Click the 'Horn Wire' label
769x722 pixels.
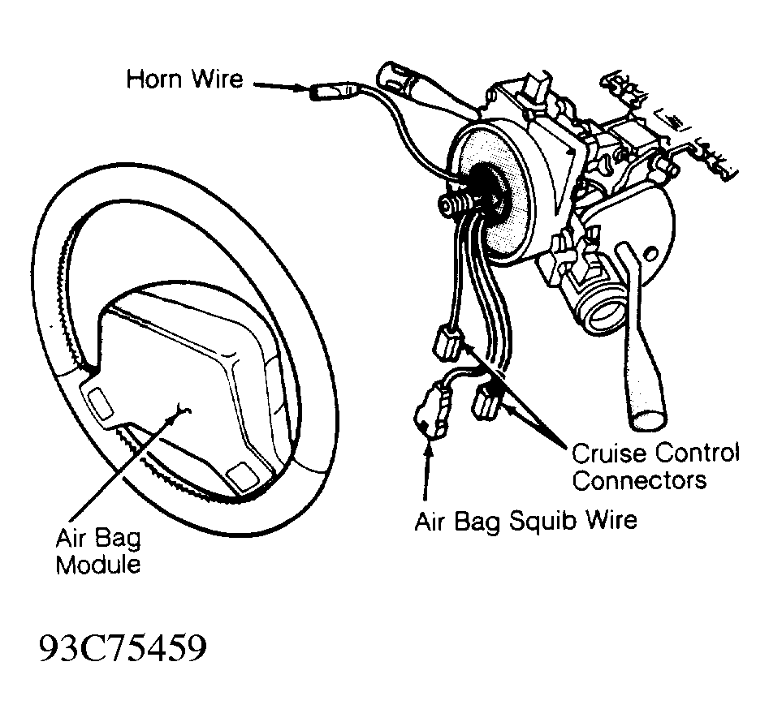tap(184, 79)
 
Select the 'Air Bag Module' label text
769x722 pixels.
tap(98, 552)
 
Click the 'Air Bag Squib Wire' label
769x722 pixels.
tap(525, 521)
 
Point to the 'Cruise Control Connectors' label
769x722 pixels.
tap(655, 466)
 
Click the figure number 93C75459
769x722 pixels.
tap(123, 648)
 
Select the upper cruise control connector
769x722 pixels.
tap(447, 343)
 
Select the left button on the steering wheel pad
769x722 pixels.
tap(101, 402)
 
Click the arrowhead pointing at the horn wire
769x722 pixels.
tap(300, 88)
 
